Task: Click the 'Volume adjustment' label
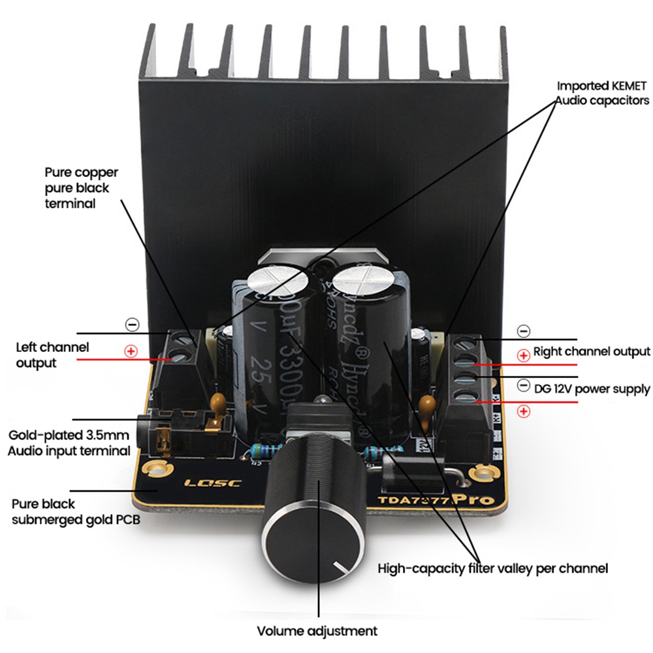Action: point(317,631)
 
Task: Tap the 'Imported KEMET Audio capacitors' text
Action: point(602,93)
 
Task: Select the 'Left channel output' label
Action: point(52,355)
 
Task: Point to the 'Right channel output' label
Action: point(592,351)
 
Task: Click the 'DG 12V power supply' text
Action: point(592,389)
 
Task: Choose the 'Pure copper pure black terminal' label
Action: point(82,188)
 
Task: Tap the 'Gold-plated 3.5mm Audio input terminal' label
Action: point(69,443)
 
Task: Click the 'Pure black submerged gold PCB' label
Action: point(76,512)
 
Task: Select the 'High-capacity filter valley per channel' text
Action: point(493,567)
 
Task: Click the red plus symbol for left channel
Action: point(131,351)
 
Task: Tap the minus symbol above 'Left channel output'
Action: point(131,324)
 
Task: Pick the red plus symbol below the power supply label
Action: point(523,411)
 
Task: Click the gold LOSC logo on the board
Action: point(213,484)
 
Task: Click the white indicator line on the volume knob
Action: point(340,565)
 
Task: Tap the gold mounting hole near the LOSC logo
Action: point(156,468)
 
